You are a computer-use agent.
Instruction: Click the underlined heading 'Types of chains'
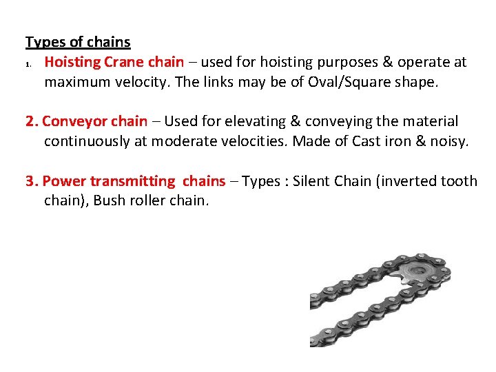click(x=78, y=42)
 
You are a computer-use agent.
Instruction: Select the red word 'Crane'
click(x=123, y=62)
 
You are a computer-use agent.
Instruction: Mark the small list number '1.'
click(x=29, y=64)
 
